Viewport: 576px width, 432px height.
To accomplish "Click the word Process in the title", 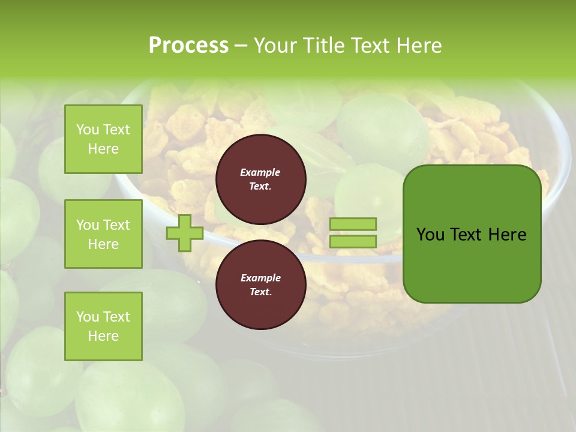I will click(x=188, y=46).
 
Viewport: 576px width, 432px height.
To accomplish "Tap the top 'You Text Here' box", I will click(x=103, y=139).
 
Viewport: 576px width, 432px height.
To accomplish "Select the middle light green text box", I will click(x=103, y=234).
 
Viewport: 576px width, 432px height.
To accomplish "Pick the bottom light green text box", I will click(x=103, y=326).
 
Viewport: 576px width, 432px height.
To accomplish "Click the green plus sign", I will click(x=184, y=233).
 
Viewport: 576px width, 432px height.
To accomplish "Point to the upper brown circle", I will click(x=260, y=179).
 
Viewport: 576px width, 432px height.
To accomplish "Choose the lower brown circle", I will click(x=260, y=284).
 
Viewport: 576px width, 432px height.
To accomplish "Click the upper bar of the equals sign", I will click(x=353, y=224).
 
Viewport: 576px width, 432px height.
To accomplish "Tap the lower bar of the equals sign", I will click(x=353, y=241).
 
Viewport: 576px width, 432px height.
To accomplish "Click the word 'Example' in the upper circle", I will click(x=260, y=172).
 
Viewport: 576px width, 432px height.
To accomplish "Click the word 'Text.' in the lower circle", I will click(x=260, y=292).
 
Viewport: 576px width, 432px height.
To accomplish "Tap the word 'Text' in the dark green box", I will click(x=466, y=235).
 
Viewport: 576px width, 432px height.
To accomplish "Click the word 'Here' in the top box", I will click(x=103, y=149).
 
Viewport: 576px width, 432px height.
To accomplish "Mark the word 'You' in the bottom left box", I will click(x=87, y=317).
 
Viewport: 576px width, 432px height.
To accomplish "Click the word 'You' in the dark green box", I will click(x=430, y=235).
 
